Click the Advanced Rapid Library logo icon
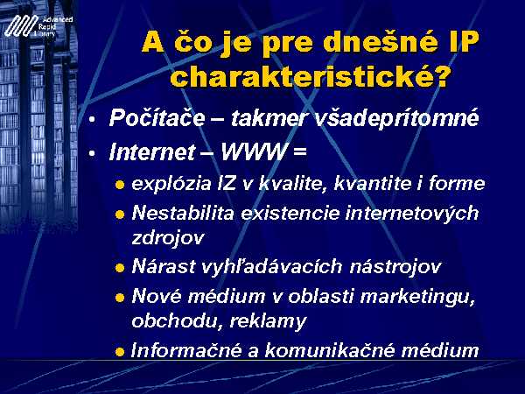pos(21,25)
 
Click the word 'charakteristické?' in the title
pos(309,77)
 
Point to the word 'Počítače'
pos(157,117)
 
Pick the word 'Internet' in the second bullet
pos(151,151)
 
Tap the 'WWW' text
pos(254,151)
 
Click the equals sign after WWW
pos(299,152)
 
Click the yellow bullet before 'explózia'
pos(120,185)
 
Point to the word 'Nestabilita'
pos(183,213)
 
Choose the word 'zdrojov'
pos(168,238)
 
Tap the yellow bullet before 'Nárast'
pos(120,268)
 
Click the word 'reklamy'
pos(268,321)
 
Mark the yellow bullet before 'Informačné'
pos(120,352)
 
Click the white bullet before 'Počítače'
pos(92,119)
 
